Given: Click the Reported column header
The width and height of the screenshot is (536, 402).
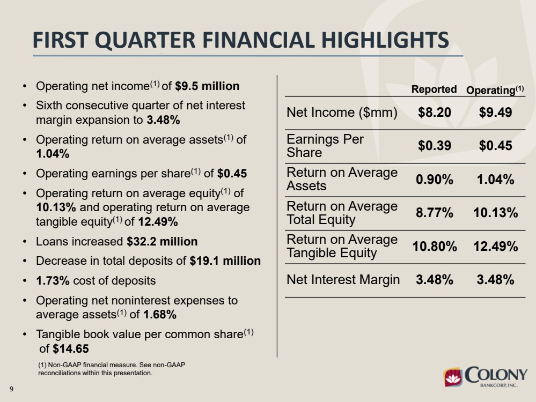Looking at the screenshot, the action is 434,89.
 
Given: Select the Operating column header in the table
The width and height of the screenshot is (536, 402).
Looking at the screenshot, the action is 495,90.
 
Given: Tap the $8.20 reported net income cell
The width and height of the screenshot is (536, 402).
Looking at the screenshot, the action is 435,113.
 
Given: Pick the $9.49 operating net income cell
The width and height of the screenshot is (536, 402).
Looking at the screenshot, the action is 495,113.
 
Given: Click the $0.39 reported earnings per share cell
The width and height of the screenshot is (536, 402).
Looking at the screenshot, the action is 435,146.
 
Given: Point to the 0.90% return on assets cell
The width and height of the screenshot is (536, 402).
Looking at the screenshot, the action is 435,180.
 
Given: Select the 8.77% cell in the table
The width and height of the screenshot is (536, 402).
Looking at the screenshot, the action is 435,213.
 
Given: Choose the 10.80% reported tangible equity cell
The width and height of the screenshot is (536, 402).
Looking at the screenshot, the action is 435,246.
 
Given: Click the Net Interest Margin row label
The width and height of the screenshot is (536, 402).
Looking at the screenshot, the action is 343,280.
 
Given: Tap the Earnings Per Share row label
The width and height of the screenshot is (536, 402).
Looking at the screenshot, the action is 325,146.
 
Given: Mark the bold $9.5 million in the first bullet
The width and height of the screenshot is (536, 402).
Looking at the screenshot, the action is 207,86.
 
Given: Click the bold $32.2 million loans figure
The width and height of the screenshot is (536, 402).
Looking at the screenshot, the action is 162,242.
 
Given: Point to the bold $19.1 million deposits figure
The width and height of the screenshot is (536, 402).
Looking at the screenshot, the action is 225,261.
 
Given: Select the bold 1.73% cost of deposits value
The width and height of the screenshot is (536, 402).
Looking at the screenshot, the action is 53,281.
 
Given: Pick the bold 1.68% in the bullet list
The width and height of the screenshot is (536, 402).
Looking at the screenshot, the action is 160,315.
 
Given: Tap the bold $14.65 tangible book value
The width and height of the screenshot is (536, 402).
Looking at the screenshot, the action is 71,349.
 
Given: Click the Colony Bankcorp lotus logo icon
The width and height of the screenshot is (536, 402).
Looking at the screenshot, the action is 453,377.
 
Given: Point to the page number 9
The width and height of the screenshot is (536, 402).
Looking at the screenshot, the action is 11,389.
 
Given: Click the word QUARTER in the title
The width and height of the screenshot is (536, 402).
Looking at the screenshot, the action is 148,40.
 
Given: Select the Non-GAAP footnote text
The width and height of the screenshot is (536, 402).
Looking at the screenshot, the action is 112,369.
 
